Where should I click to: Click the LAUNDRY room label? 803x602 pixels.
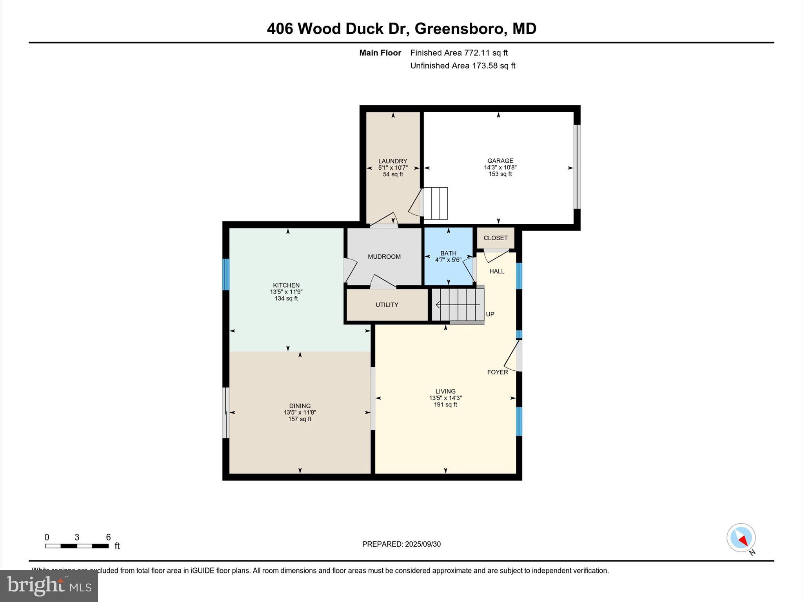pyautogui.click(x=392, y=161)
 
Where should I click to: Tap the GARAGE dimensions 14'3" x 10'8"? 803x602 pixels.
pyautogui.click(x=500, y=167)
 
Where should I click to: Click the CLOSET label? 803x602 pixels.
pyautogui.click(x=495, y=238)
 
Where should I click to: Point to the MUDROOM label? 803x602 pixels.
pyautogui.click(x=384, y=257)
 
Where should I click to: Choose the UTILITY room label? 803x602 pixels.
pyautogui.click(x=387, y=305)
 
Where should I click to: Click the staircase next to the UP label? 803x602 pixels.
pyautogui.click(x=458, y=305)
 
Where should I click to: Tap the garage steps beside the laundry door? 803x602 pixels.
pyautogui.click(x=436, y=203)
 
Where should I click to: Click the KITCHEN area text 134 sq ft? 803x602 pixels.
pyautogui.click(x=286, y=299)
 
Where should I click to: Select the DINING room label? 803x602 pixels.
pyautogui.click(x=300, y=406)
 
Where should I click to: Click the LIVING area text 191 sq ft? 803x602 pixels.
pyautogui.click(x=445, y=404)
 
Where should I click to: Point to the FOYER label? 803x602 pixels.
pyautogui.click(x=497, y=372)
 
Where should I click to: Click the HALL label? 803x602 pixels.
pyautogui.click(x=496, y=271)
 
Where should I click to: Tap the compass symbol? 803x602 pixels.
pyautogui.click(x=741, y=538)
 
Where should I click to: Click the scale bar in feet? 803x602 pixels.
pyautogui.click(x=77, y=546)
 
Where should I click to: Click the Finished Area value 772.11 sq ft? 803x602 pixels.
pyautogui.click(x=486, y=53)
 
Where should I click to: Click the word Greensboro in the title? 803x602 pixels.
pyautogui.click(x=459, y=29)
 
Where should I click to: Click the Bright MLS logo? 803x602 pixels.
pyautogui.click(x=49, y=586)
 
